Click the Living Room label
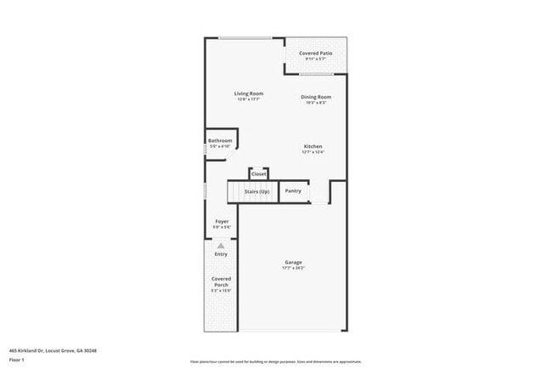tap(249, 94)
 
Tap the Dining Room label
tap(315, 97)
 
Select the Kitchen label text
tap(313, 146)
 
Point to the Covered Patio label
tap(315, 54)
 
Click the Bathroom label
tap(220, 140)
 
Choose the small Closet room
tap(258, 173)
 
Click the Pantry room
tap(293, 190)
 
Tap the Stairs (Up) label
tap(256, 191)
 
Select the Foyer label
tap(221, 221)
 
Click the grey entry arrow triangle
tap(221, 245)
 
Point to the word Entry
tap(221, 253)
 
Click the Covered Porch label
tap(221, 281)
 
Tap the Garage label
tap(293, 262)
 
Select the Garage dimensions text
tap(293, 268)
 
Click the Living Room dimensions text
tap(249, 99)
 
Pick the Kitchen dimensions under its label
tap(313, 152)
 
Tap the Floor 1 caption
tap(18, 360)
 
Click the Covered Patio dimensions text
tap(315, 60)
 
